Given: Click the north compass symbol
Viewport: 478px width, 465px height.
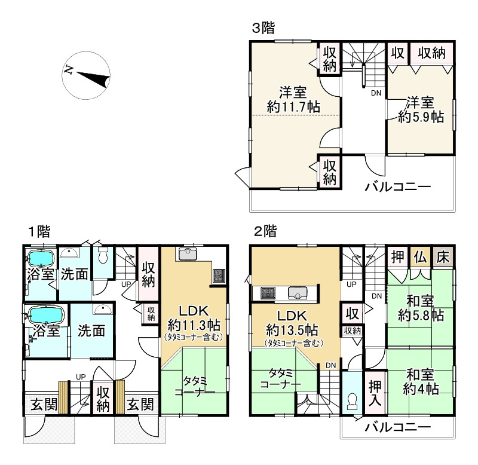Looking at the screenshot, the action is (x=86, y=75).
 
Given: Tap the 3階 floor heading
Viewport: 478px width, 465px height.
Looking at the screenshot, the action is (x=263, y=28).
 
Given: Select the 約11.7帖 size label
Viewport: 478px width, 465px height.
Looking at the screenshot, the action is (x=293, y=108).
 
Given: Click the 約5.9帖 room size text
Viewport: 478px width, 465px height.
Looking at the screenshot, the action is (x=421, y=117).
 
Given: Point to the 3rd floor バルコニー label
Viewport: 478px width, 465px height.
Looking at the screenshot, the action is (x=398, y=186).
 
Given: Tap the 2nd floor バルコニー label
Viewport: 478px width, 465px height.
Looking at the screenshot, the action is (x=398, y=427).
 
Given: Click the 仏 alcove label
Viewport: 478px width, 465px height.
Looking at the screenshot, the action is (x=421, y=258).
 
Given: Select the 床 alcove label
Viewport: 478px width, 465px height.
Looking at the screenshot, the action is (x=443, y=258).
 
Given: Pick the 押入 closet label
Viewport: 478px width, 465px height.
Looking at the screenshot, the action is (x=375, y=393).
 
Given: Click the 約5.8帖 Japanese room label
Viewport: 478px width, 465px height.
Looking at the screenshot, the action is (x=421, y=316).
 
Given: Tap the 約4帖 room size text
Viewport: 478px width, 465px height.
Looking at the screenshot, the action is (x=421, y=388).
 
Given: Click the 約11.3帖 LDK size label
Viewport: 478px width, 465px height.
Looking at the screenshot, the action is (x=194, y=325).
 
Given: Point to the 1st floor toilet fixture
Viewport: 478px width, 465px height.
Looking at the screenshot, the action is (x=103, y=254).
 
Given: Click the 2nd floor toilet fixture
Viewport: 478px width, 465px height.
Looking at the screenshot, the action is (x=353, y=401).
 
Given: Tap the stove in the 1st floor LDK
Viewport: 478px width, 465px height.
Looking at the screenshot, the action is (x=219, y=276).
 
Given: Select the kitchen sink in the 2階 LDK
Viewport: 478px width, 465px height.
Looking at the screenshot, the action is (x=296, y=293).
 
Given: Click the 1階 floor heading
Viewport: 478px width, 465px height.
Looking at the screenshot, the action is (x=39, y=231).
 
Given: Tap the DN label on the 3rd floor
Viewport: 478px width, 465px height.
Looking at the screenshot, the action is (x=376, y=93).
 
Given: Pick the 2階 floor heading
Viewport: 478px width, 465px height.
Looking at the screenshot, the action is (x=265, y=231).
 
